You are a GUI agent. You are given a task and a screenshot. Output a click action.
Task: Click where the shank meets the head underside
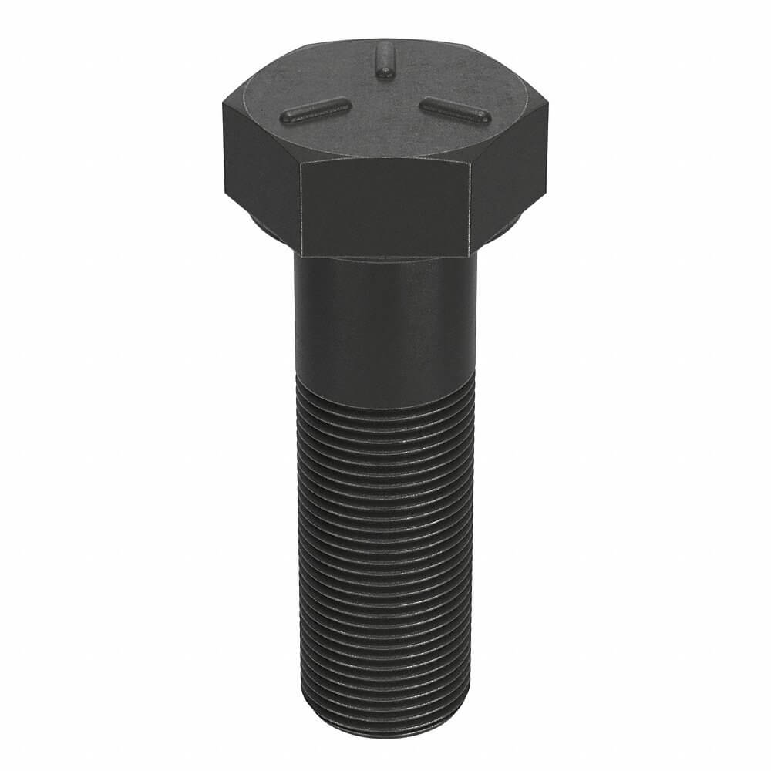click(x=384, y=260)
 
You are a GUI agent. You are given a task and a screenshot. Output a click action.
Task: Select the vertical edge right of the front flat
click(x=470, y=208)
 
